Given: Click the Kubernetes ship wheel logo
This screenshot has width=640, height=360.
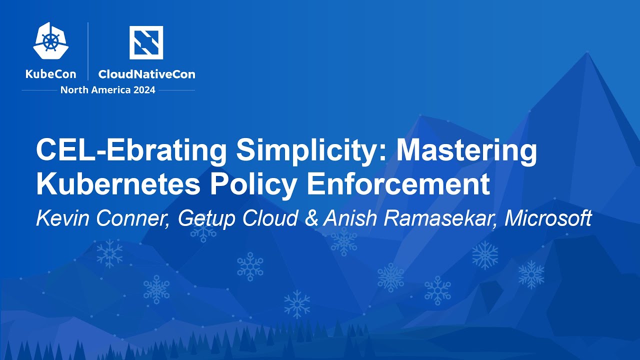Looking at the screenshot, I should pos(51,42).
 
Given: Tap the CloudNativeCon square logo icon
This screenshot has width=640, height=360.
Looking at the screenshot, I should pos(146,42).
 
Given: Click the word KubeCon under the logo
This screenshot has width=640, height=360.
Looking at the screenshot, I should pos(51,74).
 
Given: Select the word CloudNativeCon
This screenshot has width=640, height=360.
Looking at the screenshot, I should pos(146,74).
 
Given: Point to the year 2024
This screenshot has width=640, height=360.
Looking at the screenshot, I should pos(143,90).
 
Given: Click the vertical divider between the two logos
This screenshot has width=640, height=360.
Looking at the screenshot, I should pos(88,51).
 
